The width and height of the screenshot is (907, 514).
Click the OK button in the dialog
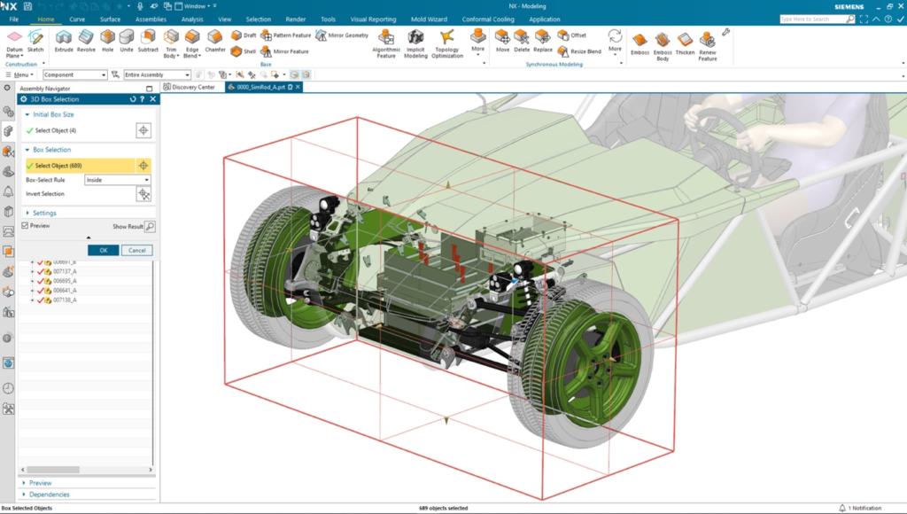click(x=103, y=250)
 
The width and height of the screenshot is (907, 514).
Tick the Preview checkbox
click(x=26, y=226)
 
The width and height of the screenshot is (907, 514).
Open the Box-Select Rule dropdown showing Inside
click(x=117, y=180)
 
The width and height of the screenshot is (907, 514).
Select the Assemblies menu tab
click(x=150, y=19)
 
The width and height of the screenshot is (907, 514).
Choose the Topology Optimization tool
click(x=447, y=42)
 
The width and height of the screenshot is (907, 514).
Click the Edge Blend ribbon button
click(x=191, y=41)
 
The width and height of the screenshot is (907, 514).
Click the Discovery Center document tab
click(x=193, y=87)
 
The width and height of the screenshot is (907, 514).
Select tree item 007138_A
click(x=65, y=300)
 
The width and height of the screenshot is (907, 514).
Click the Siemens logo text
click(x=848, y=6)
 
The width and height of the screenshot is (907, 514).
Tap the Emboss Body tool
click(x=662, y=45)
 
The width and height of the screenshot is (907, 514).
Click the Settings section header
click(x=44, y=213)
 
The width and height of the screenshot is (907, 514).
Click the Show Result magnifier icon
click(x=150, y=227)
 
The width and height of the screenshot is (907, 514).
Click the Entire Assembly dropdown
click(x=157, y=75)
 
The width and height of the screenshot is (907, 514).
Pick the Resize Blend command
click(x=580, y=51)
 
